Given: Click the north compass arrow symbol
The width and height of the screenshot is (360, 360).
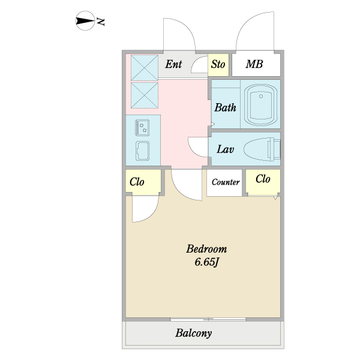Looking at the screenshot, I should pyautogui.click(x=86, y=22).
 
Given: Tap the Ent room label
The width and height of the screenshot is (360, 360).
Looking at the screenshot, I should pyautogui.click(x=173, y=64).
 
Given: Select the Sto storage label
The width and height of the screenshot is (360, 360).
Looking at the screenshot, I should pyautogui.click(x=218, y=64).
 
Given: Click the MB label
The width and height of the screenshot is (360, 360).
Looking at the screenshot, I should pyautogui.click(x=254, y=64).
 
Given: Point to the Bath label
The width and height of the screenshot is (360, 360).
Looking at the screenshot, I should pyautogui.click(x=225, y=108).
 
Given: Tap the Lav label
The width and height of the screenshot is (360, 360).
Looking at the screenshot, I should pyautogui.click(x=225, y=149).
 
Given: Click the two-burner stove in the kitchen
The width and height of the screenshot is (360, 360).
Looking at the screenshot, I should pyautogui.click(x=143, y=127).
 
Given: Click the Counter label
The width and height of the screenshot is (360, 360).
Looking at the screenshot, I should pyautogui.click(x=226, y=182).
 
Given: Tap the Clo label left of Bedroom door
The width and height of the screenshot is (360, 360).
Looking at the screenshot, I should pyautogui.click(x=137, y=182).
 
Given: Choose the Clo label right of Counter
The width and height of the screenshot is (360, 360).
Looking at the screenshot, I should pyautogui.click(x=263, y=179).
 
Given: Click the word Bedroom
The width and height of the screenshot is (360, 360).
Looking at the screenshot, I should pyautogui.click(x=206, y=248).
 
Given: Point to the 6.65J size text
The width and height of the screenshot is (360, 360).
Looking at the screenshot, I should pyautogui.click(x=205, y=262).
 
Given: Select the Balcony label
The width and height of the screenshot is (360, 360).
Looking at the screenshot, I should pyautogui.click(x=194, y=334).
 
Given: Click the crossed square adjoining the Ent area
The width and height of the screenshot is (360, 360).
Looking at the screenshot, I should pyautogui.click(x=144, y=67).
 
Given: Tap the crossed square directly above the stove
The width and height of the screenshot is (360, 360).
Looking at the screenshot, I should pyautogui.click(x=144, y=95).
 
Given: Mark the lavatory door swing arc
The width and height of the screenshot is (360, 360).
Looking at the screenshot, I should pyautogui.click(x=198, y=146).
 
